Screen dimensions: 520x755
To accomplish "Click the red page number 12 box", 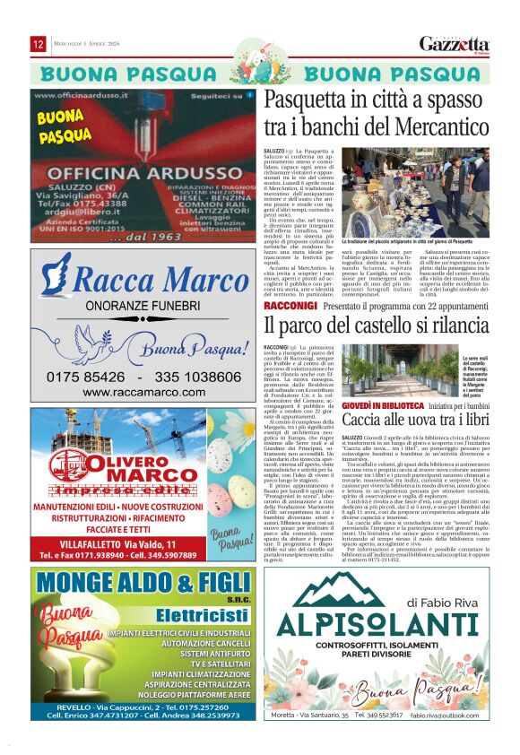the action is pos(39,44).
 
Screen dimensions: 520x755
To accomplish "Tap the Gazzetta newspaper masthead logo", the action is pos(455,45).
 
